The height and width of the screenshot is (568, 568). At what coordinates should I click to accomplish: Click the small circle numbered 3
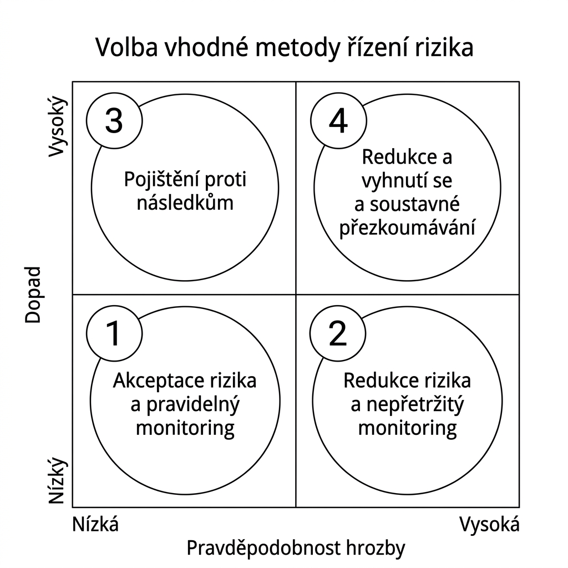114,120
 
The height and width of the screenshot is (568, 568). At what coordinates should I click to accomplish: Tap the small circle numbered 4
338,120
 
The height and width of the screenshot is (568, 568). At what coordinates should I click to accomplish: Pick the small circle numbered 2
338,334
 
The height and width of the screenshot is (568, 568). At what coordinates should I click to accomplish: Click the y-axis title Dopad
33,295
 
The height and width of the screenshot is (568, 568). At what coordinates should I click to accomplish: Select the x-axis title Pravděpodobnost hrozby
296,547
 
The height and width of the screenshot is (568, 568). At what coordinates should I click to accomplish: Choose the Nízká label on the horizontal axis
95,524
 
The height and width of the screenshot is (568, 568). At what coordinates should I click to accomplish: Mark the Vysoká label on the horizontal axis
490,524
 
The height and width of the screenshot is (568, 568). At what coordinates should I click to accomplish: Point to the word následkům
185,202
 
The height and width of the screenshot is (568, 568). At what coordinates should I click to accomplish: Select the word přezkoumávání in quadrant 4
407,228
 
